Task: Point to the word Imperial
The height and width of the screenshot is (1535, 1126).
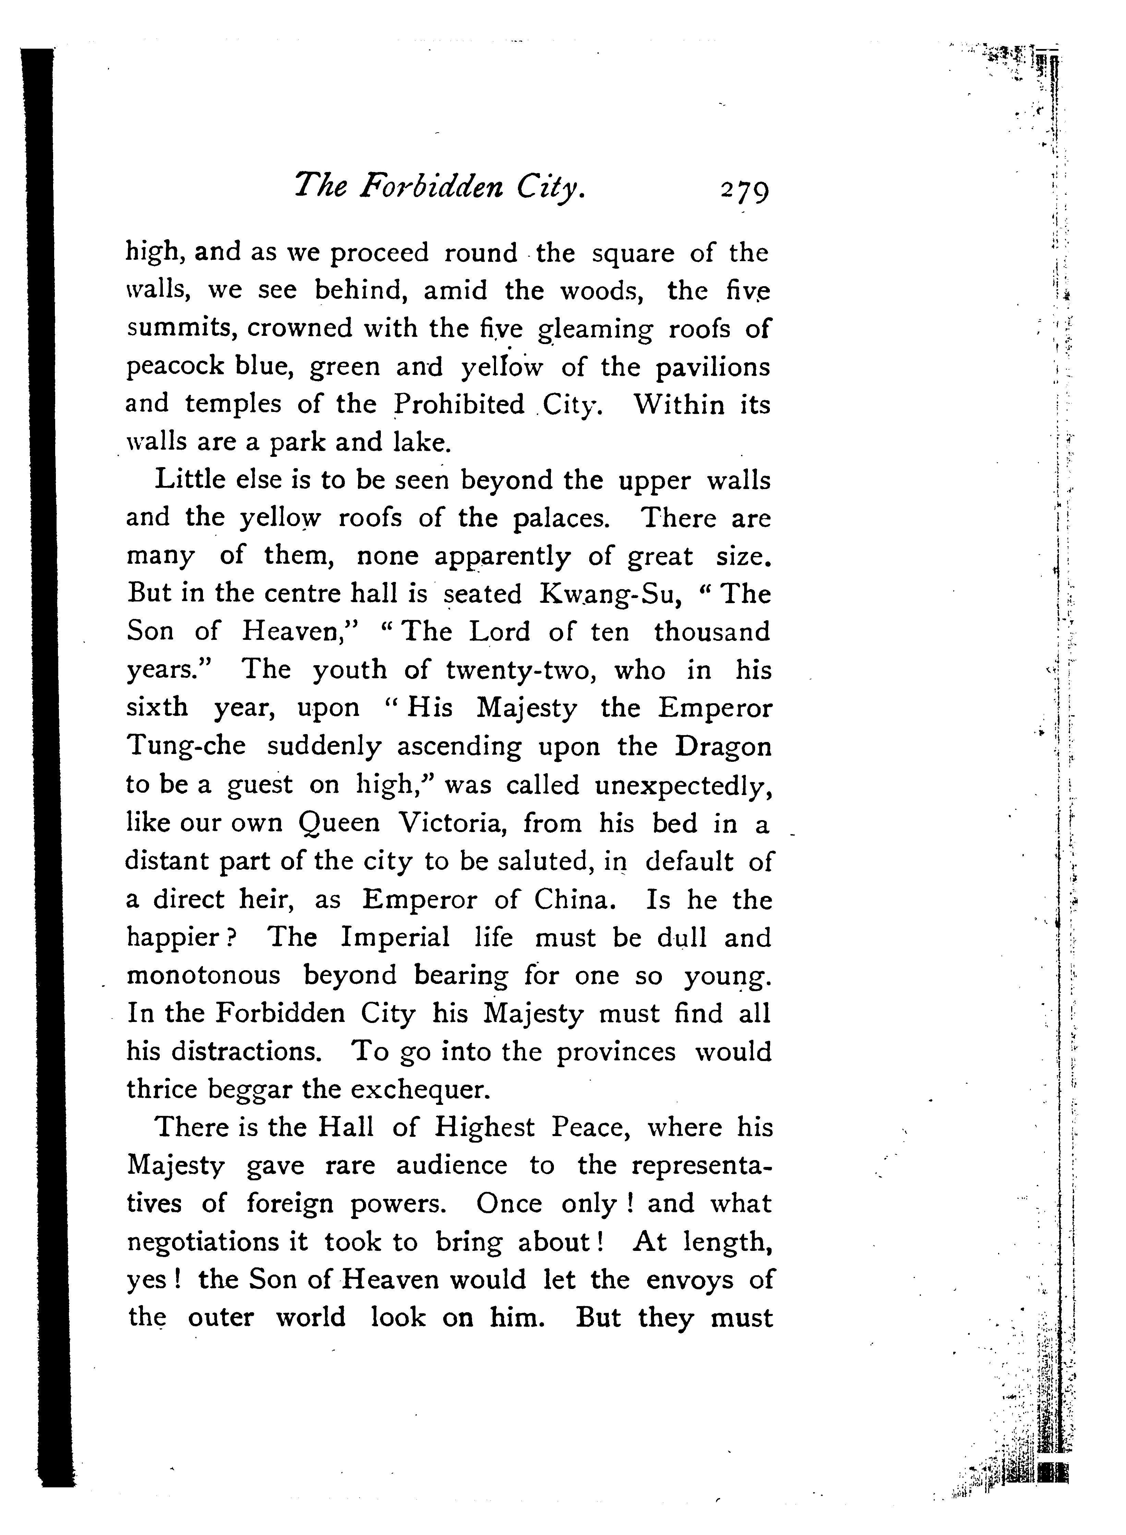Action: (395, 938)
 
